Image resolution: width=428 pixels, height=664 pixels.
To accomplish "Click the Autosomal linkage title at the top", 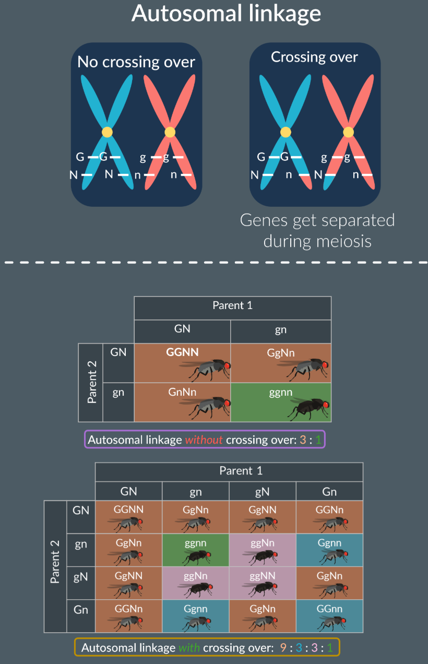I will click(226, 14).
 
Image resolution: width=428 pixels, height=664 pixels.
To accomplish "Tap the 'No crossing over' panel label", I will click(136, 62).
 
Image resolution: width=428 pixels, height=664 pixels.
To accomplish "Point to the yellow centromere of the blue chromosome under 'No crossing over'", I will click(107, 132).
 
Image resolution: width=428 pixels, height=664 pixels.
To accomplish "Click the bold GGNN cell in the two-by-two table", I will click(182, 352).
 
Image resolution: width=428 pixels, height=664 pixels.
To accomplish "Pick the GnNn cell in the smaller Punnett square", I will click(182, 392).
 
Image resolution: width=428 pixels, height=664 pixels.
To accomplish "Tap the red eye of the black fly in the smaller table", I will click(325, 405).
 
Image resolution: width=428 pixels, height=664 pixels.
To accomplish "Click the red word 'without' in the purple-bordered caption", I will click(204, 440).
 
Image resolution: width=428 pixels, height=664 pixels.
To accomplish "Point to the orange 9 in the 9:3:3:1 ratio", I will click(283, 648).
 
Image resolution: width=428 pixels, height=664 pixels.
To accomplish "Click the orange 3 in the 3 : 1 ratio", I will click(303, 440).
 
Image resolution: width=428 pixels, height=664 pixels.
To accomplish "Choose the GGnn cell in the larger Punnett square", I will click(329, 609).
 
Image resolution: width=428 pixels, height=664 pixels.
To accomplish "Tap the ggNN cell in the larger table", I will click(262, 576).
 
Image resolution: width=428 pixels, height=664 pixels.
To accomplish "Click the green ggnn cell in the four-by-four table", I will click(196, 543).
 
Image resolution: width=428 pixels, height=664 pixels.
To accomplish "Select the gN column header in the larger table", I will click(262, 491).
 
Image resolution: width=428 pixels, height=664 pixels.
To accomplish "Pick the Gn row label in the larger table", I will click(81, 609).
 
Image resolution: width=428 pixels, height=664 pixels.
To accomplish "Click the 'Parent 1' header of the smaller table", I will click(232, 305).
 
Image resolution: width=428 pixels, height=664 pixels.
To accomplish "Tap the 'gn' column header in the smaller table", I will click(280, 329).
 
